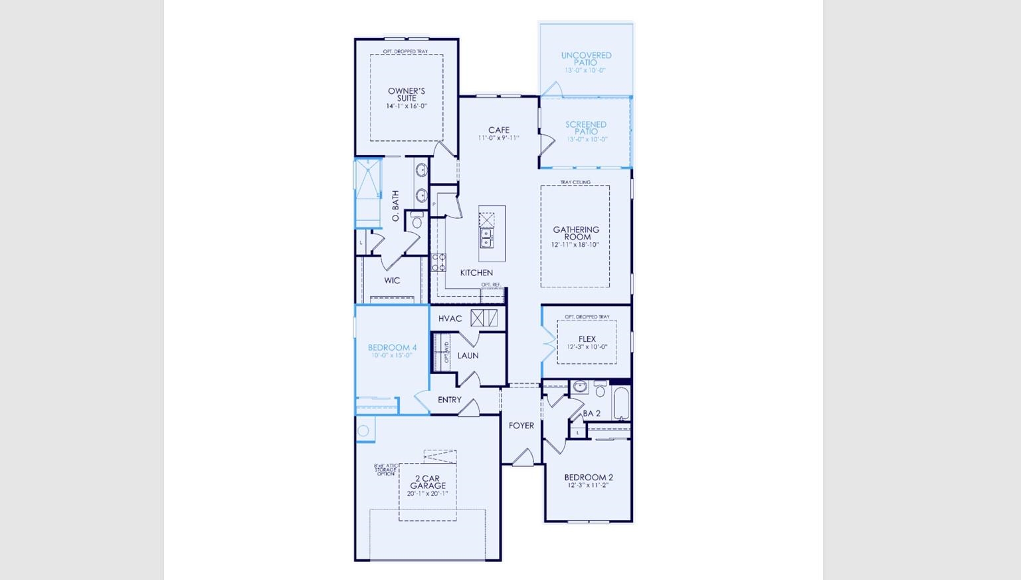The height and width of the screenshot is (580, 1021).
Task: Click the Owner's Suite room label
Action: (406, 94)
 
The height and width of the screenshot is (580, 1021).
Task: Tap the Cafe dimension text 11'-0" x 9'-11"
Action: (498, 138)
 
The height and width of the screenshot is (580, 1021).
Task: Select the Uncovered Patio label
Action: (586, 59)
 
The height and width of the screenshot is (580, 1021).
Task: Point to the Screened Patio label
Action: (586, 128)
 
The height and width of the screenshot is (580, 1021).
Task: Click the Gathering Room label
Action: (576, 233)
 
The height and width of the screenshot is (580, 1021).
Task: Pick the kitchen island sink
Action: (487, 237)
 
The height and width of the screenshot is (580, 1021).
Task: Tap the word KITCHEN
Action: (476, 273)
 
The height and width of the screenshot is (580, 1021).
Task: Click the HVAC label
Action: (450, 319)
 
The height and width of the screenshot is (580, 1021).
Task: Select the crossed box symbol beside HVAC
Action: (484, 318)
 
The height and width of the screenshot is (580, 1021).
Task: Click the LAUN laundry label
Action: (468, 356)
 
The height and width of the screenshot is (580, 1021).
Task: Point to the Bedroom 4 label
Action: (392, 347)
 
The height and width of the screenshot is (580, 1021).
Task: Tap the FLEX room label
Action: (587, 339)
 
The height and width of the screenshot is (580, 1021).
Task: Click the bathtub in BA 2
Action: (620, 404)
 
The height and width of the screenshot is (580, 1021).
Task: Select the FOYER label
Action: (521, 426)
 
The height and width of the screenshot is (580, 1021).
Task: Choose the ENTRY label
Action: (449, 400)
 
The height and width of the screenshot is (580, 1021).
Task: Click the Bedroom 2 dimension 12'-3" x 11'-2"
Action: (588, 486)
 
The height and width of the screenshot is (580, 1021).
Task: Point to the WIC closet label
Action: (392, 281)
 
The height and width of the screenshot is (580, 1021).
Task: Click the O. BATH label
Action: (396, 206)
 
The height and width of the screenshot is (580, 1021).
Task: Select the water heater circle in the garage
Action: (363, 431)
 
